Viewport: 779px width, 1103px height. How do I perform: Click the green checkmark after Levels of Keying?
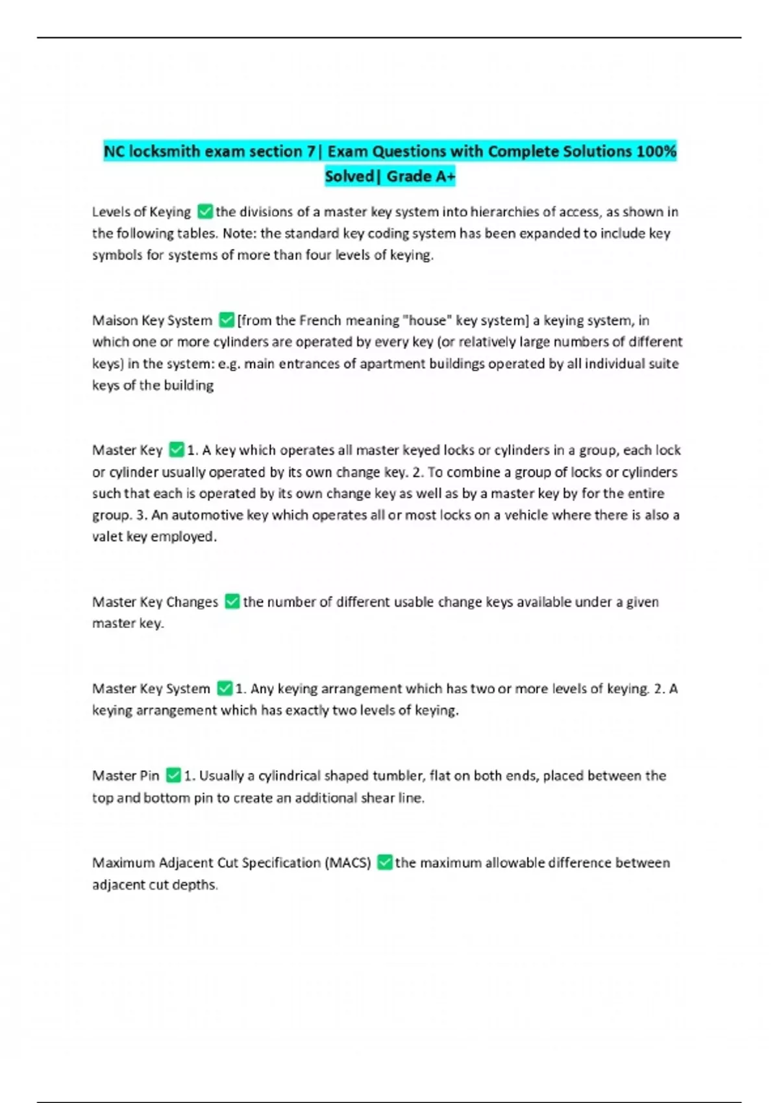tap(204, 212)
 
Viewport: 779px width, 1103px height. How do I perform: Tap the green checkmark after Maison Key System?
tap(226, 320)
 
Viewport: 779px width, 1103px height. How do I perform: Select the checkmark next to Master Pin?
tap(173, 775)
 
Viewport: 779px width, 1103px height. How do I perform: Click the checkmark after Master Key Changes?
tap(232, 601)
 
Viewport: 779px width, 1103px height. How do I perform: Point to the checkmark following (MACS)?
tap(384, 862)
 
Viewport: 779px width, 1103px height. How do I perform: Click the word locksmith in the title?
tap(165, 151)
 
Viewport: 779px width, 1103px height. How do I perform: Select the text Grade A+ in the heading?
tap(421, 176)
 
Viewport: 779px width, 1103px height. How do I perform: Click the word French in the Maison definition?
tap(321, 320)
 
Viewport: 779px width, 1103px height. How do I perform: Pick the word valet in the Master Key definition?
tap(107, 537)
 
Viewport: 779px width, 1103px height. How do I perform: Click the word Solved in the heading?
tap(349, 176)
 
